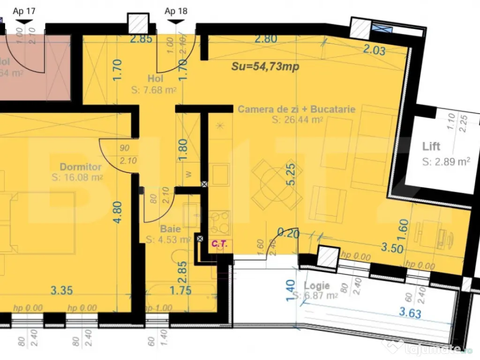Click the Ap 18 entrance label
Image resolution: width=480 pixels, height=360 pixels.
tap(176, 11)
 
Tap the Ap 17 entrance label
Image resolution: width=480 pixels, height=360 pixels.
tap(24, 11)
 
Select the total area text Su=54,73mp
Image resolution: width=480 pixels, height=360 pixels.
tap(265, 67)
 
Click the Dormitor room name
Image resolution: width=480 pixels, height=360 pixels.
tap(81, 167)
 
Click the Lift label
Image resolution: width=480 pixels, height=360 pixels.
tap(431, 147)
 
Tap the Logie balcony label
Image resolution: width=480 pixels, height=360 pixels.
tap(317, 285)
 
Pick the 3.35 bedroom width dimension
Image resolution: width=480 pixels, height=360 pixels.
tap(61, 290)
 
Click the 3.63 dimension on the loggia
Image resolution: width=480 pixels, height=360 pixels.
tap(410, 313)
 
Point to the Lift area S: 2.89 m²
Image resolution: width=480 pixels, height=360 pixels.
tap(446, 162)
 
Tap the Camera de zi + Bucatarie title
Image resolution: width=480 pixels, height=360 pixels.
tap(296, 109)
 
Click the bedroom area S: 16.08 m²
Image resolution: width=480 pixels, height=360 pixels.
tap(78, 178)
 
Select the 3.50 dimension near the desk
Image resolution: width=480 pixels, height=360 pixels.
tap(392, 248)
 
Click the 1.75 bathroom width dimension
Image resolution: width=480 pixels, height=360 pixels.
tap(180, 290)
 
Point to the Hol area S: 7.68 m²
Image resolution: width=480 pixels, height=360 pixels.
tap(155, 90)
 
